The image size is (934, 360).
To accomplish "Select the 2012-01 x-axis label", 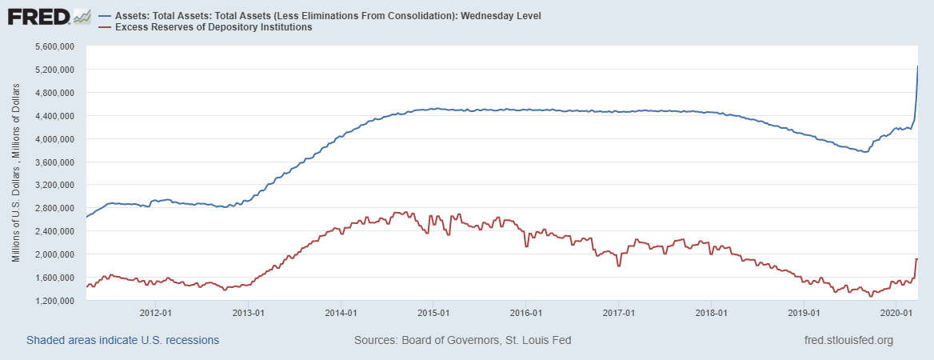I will (x=155, y=313).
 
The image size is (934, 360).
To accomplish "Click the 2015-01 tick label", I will (x=433, y=313).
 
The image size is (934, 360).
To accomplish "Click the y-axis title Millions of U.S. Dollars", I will (x=15, y=174).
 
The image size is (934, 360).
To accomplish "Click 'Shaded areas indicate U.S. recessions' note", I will (x=122, y=341).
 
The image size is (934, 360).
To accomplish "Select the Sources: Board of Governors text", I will (x=462, y=341).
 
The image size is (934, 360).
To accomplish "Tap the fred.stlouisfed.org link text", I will (x=848, y=341).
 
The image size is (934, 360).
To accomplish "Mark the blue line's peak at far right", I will (x=917, y=66).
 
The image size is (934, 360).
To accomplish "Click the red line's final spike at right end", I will (x=916, y=259).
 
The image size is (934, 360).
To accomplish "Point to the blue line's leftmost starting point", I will (x=86, y=217).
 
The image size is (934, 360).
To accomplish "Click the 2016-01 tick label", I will (x=526, y=313).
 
